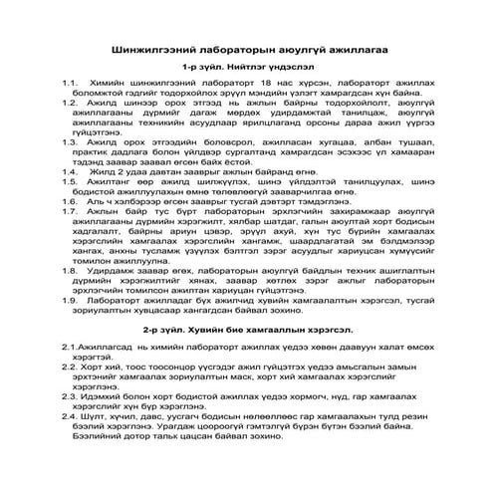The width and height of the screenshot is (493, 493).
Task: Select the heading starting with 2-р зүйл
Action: pos(246,326)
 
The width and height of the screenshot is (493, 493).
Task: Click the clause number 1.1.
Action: pos(70,83)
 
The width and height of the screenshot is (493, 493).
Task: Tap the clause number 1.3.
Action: pos(70,143)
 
